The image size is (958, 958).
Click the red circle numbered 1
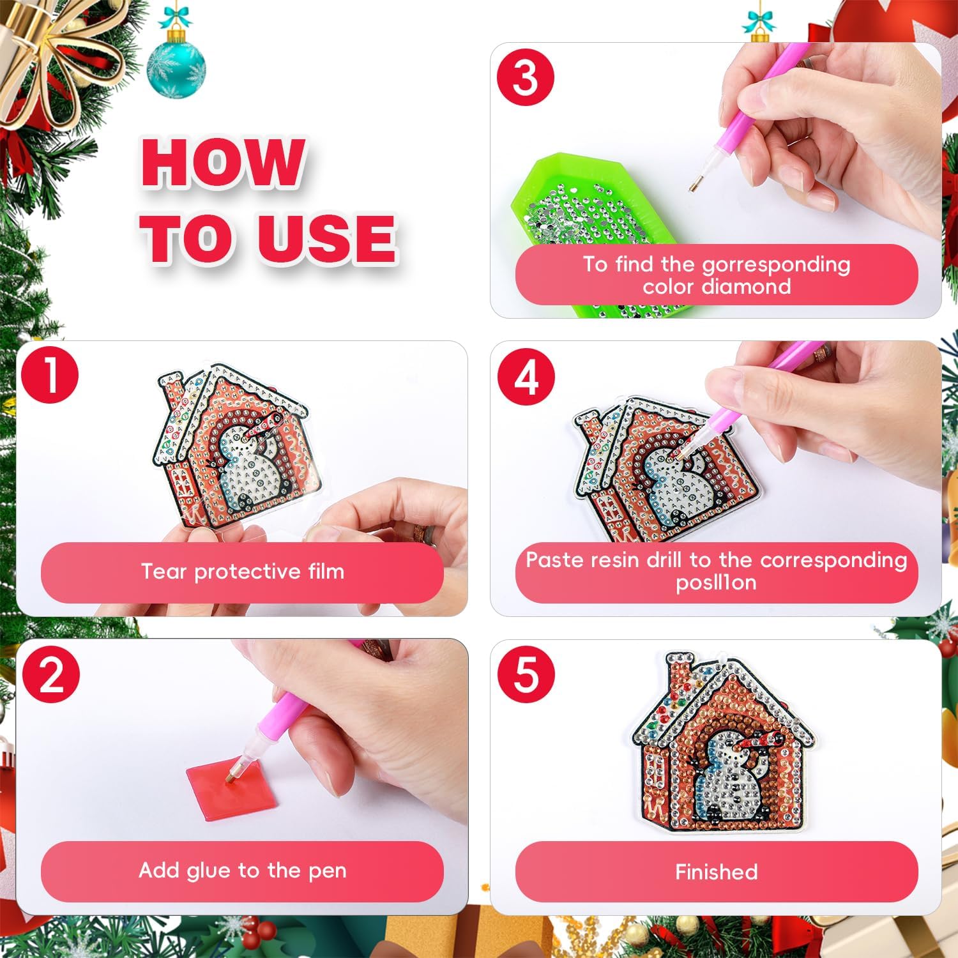[x=50, y=375]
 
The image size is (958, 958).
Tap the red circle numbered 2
[x=51, y=674]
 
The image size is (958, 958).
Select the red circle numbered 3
[x=525, y=78]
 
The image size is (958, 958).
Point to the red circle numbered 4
[x=526, y=377]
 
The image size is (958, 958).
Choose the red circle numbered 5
[x=526, y=674]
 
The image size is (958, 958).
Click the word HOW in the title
[x=223, y=163]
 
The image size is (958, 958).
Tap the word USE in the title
[x=326, y=238]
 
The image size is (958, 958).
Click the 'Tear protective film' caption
[x=242, y=572]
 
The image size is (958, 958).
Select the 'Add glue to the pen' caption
[x=242, y=871]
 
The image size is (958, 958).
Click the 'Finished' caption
[x=716, y=872]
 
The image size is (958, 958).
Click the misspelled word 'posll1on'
[x=716, y=582]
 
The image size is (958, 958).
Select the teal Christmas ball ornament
[x=176, y=70]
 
